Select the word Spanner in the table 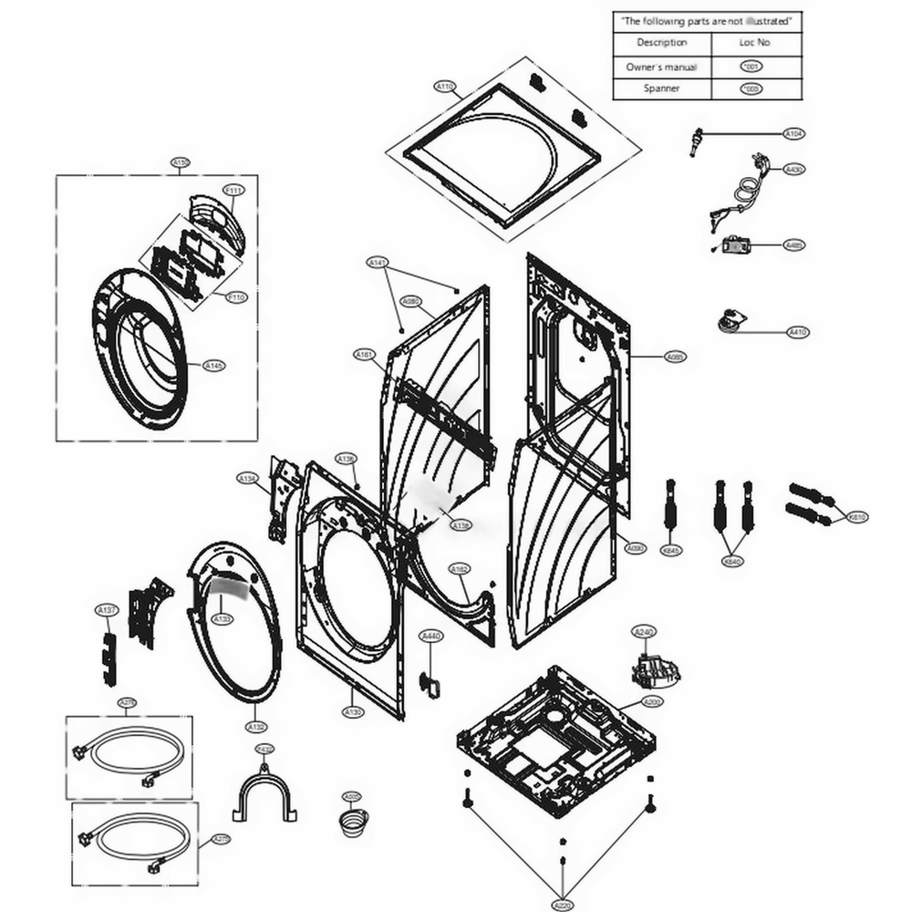point(661,88)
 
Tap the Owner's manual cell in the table point(661,67)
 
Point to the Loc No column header point(753,43)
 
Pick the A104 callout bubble point(794,133)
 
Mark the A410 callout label point(798,333)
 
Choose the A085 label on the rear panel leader point(676,357)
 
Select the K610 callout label point(857,517)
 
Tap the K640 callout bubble point(731,562)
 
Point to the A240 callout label point(644,631)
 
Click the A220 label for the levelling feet point(563,905)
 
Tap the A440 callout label point(430,636)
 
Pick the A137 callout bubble point(107,609)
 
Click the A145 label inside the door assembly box point(212,366)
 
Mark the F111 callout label point(234,190)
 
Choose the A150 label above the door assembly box point(181,163)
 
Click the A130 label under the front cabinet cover point(353,711)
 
